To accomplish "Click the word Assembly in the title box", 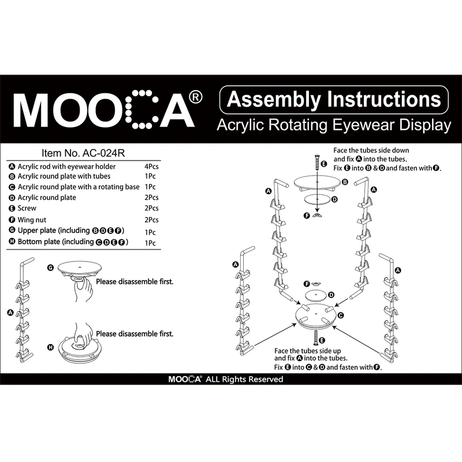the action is tap(274, 99).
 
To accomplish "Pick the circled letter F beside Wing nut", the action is tap(12, 220).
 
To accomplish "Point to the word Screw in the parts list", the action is tap(28, 208).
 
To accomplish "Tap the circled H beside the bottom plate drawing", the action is tap(50, 347).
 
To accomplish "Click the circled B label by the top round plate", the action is tap(345, 182).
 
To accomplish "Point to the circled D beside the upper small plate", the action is tap(333, 199).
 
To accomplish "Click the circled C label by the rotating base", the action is tap(341, 315).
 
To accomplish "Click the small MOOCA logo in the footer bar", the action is tap(184, 379).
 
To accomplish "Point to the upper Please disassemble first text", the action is tap(135, 282).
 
